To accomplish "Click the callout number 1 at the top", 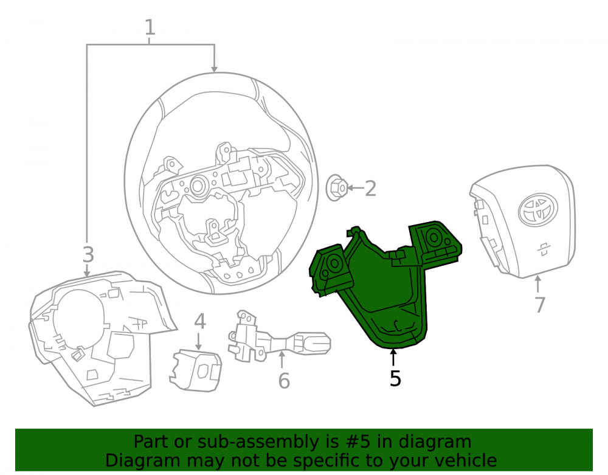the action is coord(150,27).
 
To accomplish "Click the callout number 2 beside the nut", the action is coord(371,189).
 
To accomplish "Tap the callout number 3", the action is coord(88,254).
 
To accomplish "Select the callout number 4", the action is coord(199,321).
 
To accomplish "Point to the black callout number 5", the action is coord(395,378).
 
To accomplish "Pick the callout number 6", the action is coord(284,380).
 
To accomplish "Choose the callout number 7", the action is coord(540,304).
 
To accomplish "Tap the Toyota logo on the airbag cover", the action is coord(538,210).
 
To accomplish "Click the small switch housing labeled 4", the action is coord(196,370).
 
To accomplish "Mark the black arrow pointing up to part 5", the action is coord(393,358).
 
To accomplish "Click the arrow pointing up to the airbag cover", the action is coord(538,284).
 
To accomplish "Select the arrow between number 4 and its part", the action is coord(199,341).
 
